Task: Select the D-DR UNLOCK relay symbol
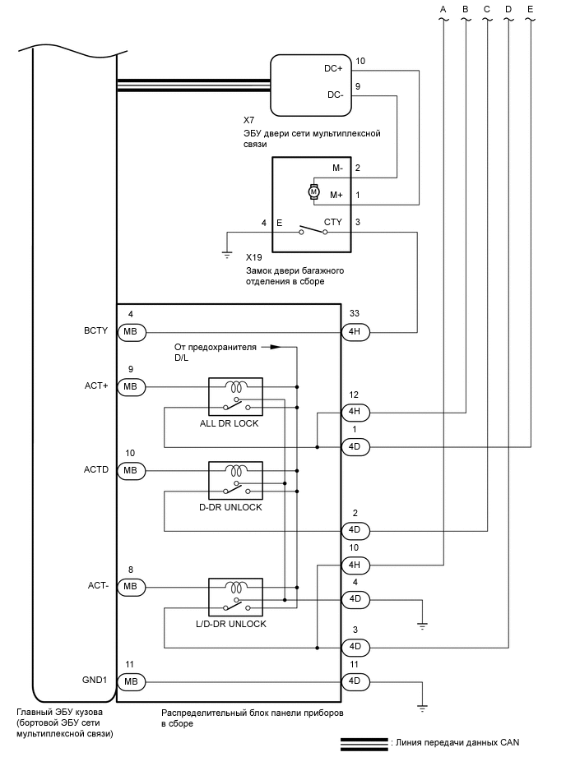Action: point(236,482)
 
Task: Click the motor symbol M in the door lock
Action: point(313,192)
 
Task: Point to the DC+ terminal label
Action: point(334,69)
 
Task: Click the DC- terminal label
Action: point(335,94)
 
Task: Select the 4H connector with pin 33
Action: point(355,332)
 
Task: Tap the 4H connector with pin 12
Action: point(355,412)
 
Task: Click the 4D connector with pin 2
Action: point(355,530)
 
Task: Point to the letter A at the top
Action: point(443,9)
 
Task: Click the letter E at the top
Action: point(530,9)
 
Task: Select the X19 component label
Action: point(253,257)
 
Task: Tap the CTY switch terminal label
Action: point(333,222)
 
